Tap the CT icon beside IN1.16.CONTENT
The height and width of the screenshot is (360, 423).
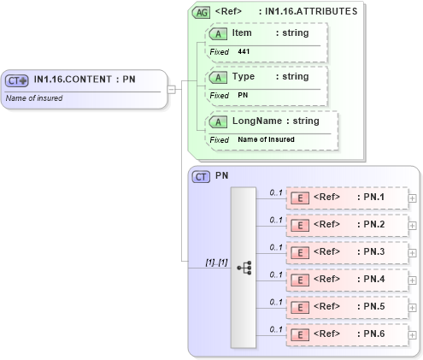[17, 80]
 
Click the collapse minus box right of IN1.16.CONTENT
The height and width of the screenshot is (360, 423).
[172, 88]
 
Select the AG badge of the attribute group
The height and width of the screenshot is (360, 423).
[201, 12]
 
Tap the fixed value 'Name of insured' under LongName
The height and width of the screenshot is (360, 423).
[266, 139]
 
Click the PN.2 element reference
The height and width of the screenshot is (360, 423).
[346, 225]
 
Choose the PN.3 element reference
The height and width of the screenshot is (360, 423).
[346, 252]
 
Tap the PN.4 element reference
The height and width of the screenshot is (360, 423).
[346, 280]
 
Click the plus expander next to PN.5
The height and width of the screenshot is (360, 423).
[413, 307]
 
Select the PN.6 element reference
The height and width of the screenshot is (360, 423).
[346, 334]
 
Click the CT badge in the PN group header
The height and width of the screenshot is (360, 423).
[202, 176]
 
